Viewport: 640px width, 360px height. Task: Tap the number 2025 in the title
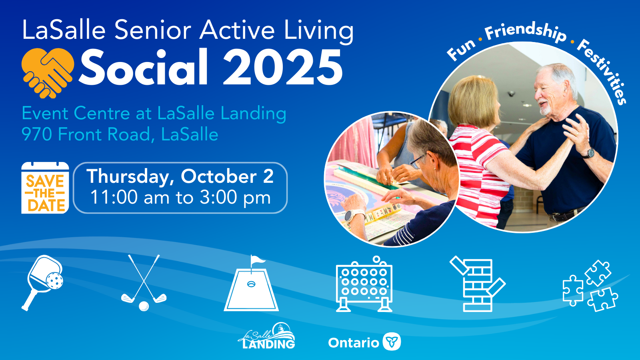(282, 68)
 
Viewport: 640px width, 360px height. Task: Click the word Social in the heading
(143, 67)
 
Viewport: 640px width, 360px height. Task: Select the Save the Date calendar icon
(45, 188)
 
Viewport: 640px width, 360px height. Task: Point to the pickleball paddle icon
(42, 282)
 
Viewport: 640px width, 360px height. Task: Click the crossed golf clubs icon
(144, 282)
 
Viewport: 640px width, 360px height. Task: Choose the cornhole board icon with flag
(251, 283)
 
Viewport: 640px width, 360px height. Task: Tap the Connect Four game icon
(364, 284)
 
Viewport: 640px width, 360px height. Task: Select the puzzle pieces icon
(590, 286)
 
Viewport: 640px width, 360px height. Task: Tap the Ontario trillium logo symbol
(392, 342)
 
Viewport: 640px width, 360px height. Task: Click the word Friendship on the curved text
(525, 32)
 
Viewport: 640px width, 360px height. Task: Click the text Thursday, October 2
(180, 176)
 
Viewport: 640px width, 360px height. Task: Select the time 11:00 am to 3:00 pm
(180, 197)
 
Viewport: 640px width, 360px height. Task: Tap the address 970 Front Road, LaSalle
(120, 134)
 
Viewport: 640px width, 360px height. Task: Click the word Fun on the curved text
(461, 50)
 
